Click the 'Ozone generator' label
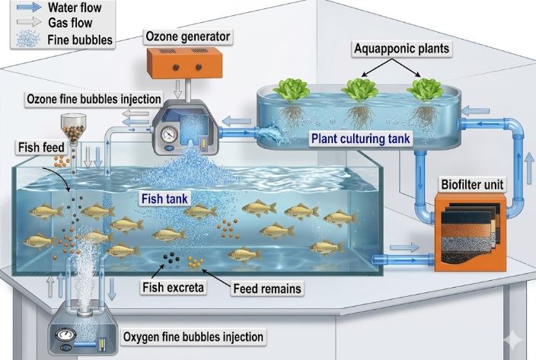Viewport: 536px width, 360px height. [187, 37]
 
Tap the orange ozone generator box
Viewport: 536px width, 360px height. [184, 63]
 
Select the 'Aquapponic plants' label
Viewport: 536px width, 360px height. [402, 49]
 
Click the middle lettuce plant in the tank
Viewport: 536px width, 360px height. [359, 90]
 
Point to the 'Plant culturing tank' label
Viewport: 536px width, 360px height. [360, 139]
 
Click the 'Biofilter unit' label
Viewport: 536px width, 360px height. [472, 185]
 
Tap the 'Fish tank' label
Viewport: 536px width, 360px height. [164, 199]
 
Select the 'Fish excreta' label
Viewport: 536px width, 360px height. [173, 287]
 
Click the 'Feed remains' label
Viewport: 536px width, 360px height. [267, 288]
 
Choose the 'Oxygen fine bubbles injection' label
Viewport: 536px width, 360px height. [193, 337]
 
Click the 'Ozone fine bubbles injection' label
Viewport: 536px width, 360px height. [94, 99]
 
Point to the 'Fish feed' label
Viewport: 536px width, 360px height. [41, 148]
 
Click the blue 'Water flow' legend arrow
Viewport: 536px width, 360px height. [29, 7]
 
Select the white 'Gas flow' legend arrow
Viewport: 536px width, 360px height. [29, 23]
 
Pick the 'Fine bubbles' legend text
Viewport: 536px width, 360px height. [80, 40]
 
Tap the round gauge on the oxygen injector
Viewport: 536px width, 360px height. [65, 334]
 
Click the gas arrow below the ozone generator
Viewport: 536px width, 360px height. [177, 89]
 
